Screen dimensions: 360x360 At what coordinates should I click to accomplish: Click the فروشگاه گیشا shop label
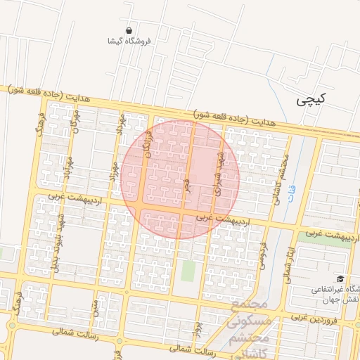129,41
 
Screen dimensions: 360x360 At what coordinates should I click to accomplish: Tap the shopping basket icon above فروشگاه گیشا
129,30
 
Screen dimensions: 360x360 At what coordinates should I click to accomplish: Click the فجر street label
186,186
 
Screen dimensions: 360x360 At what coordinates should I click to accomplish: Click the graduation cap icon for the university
340,279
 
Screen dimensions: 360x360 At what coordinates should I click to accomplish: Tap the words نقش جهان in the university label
345,299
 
